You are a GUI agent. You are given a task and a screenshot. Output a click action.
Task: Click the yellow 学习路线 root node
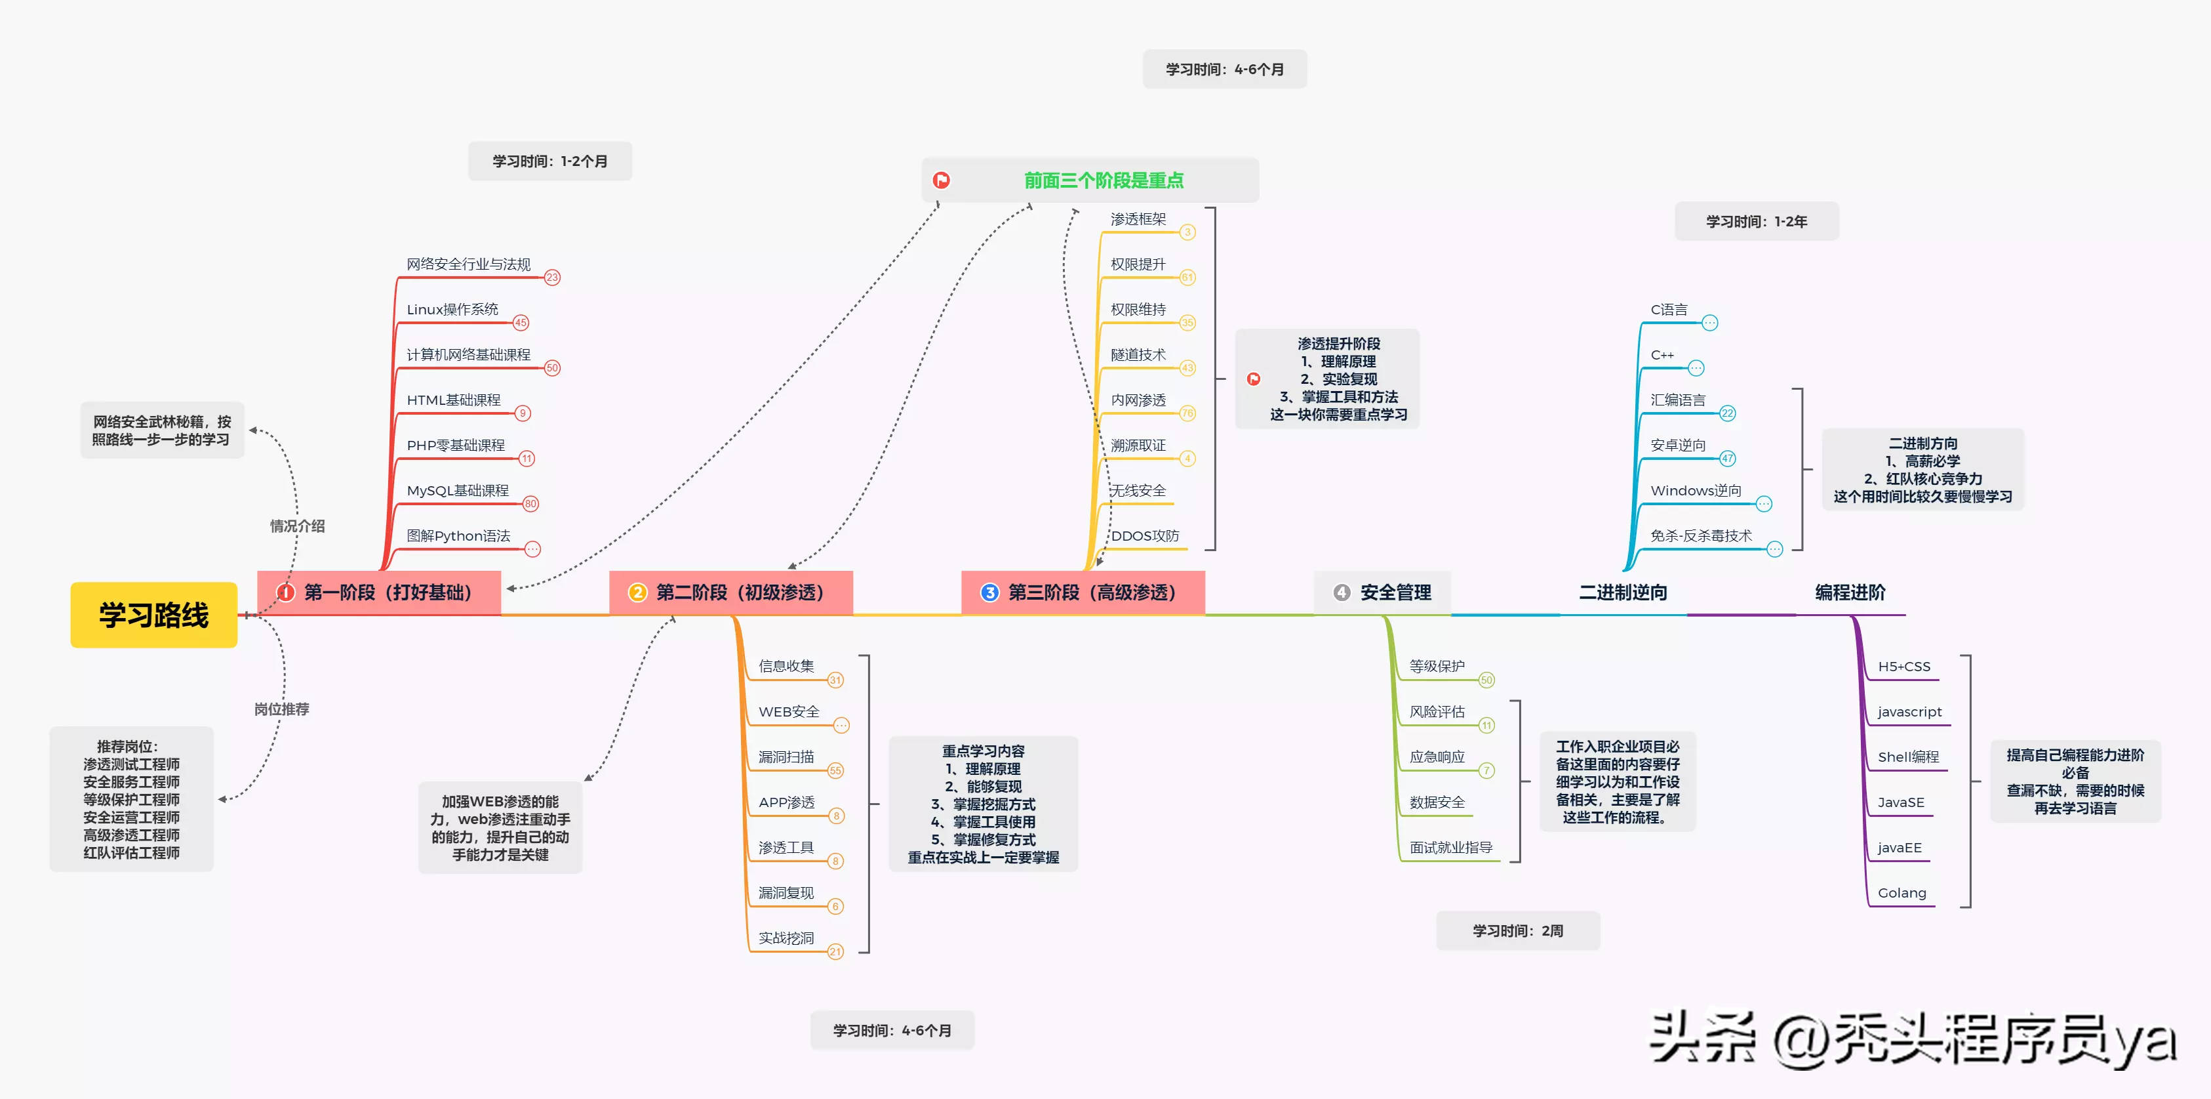tap(153, 615)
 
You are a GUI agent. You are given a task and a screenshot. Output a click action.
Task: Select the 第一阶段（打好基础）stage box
tap(380, 592)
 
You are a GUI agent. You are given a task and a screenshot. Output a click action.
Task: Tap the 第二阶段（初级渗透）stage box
tap(731, 592)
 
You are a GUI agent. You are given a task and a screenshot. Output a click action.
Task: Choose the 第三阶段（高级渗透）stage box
tap(1083, 592)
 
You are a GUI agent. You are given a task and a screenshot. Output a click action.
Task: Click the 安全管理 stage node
tap(1384, 592)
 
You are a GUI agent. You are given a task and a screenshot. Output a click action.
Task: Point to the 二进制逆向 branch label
tap(1623, 592)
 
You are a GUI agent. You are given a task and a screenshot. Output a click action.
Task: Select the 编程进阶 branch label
tap(1850, 592)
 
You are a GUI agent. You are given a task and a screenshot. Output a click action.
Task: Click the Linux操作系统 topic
tap(452, 309)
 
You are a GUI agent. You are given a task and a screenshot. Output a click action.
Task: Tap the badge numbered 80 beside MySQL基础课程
tap(530, 504)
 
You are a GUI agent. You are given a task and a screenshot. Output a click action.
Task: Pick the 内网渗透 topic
tap(1138, 400)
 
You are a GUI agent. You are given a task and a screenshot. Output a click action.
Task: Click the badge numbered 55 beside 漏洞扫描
tap(835, 771)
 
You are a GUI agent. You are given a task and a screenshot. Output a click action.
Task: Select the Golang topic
tap(1902, 893)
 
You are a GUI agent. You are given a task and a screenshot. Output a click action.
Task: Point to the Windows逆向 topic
tap(1696, 490)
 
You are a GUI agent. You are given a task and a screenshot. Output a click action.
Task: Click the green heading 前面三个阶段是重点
tap(1104, 180)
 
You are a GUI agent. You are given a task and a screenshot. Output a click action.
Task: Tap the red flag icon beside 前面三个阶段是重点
tap(942, 180)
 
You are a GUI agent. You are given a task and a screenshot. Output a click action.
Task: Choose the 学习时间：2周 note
tap(1517, 931)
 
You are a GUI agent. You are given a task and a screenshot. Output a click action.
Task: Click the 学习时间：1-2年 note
tap(1756, 222)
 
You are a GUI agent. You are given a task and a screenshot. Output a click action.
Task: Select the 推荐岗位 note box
tap(131, 798)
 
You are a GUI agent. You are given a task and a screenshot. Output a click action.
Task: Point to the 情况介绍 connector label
tap(297, 526)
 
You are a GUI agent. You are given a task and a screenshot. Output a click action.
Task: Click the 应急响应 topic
tap(1437, 757)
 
